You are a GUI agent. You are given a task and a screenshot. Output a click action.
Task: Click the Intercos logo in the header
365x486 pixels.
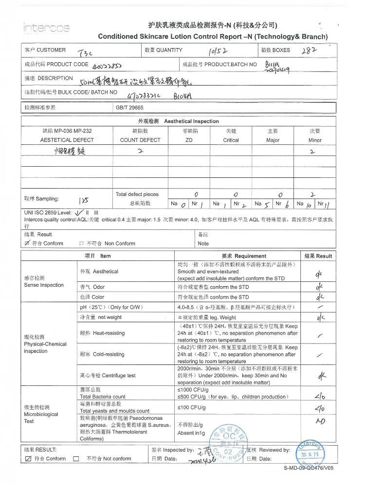(46, 28)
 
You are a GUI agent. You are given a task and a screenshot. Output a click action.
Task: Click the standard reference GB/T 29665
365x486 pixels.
(129, 107)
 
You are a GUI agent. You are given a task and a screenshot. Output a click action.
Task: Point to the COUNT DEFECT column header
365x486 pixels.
(140, 140)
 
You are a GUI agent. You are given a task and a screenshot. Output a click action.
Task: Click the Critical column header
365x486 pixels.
(231, 140)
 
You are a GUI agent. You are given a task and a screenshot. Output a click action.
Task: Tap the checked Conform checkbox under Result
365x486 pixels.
(27, 243)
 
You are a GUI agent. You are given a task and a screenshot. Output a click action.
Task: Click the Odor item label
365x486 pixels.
(92, 287)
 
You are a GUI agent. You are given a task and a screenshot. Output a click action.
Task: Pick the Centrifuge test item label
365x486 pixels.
(108, 376)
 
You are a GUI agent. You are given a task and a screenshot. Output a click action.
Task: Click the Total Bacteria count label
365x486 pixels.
(103, 397)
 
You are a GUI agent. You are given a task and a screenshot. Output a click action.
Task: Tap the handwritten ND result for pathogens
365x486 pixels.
(320, 421)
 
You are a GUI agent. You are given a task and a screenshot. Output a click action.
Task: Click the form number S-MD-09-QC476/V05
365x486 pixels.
(309, 469)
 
